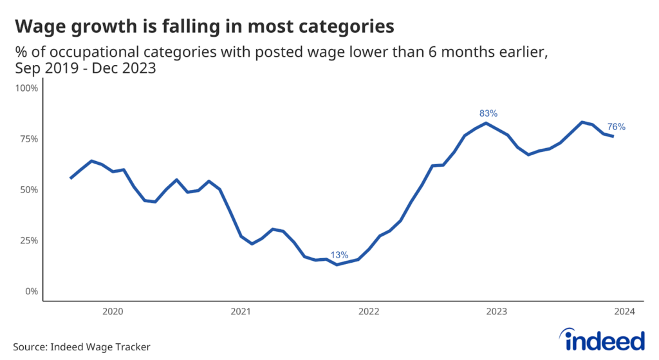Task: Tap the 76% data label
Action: click(x=616, y=127)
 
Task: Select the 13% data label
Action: click(x=339, y=255)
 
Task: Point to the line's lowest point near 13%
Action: click(x=337, y=264)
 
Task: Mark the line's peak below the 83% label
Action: click(x=486, y=123)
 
